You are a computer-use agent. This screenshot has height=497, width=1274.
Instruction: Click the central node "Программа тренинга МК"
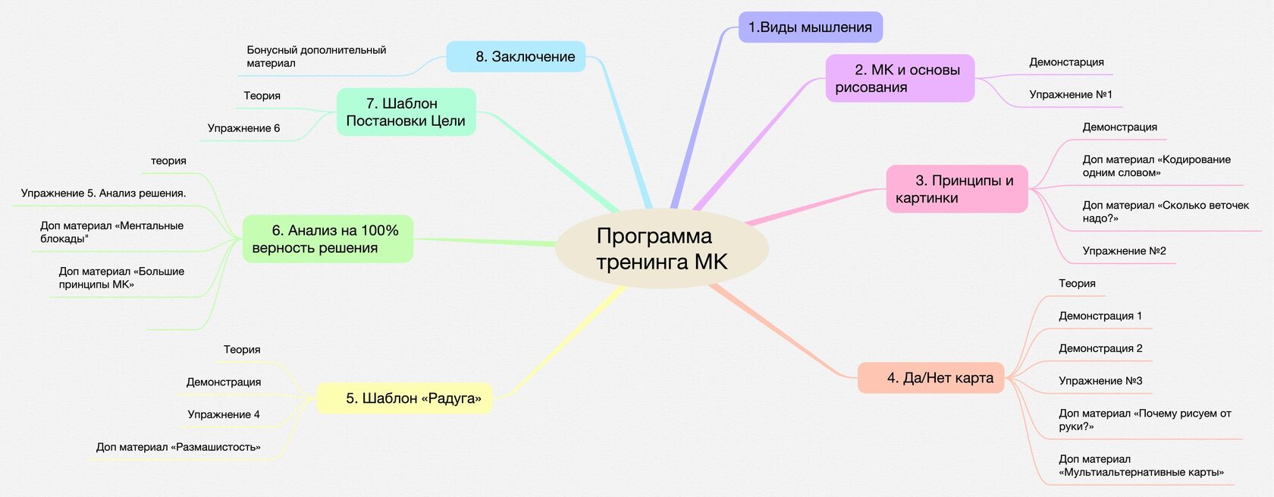[661, 249]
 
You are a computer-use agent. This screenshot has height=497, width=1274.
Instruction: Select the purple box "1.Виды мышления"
[810, 27]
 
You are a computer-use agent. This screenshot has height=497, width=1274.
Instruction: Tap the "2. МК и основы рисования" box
[899, 78]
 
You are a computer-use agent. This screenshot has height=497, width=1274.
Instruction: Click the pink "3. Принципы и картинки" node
[956, 189]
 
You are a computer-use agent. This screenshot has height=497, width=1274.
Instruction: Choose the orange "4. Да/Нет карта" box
[930, 378]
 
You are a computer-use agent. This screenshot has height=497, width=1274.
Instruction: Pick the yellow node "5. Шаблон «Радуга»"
[404, 398]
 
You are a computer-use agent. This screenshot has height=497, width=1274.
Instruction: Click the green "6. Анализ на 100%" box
[328, 239]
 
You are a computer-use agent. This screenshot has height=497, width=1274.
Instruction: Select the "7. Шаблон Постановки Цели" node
[406, 112]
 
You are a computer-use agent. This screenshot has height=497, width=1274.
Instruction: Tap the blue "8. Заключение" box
[516, 57]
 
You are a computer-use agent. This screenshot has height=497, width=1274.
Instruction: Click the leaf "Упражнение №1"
[1070, 95]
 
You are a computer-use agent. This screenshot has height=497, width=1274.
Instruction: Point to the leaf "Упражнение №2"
[1124, 251]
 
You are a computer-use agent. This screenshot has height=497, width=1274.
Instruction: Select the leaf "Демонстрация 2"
[1100, 348]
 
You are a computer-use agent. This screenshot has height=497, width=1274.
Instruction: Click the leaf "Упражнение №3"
[1100, 381]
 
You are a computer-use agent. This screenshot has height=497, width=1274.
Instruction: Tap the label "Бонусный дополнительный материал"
[315, 56]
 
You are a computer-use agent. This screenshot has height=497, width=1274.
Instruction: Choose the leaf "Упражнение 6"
[243, 128]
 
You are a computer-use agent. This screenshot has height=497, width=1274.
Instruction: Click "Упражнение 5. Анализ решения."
[103, 193]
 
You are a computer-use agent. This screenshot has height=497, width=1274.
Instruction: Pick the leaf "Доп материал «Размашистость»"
[178, 447]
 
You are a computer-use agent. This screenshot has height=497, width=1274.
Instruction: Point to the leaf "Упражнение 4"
[224, 414]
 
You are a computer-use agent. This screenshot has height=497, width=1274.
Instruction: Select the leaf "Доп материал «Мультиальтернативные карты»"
[1141, 466]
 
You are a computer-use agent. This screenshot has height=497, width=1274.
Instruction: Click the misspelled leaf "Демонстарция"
[1066, 62]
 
